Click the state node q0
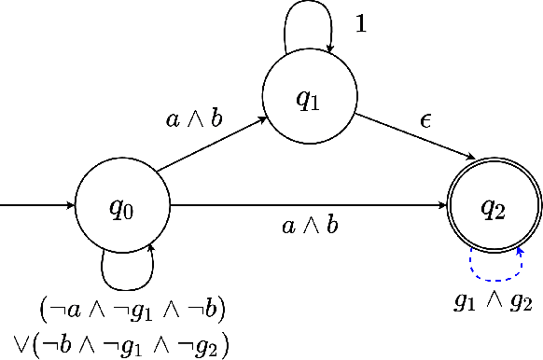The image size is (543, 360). click(x=122, y=206)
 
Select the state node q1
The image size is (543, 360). click(x=309, y=98)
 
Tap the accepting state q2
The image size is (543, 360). click(x=494, y=206)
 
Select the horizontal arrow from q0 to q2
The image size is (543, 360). click(x=308, y=206)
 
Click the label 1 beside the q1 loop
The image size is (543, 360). click(x=361, y=24)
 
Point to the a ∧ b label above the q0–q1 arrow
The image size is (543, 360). click(x=193, y=118)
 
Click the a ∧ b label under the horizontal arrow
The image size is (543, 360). click(x=311, y=227)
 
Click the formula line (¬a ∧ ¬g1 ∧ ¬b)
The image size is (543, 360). click(x=132, y=309)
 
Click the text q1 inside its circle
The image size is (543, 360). click(x=309, y=99)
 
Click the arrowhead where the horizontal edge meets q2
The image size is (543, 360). click(x=443, y=206)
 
